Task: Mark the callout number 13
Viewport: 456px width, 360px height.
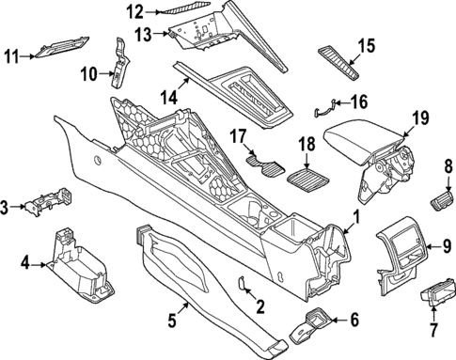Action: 142,34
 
